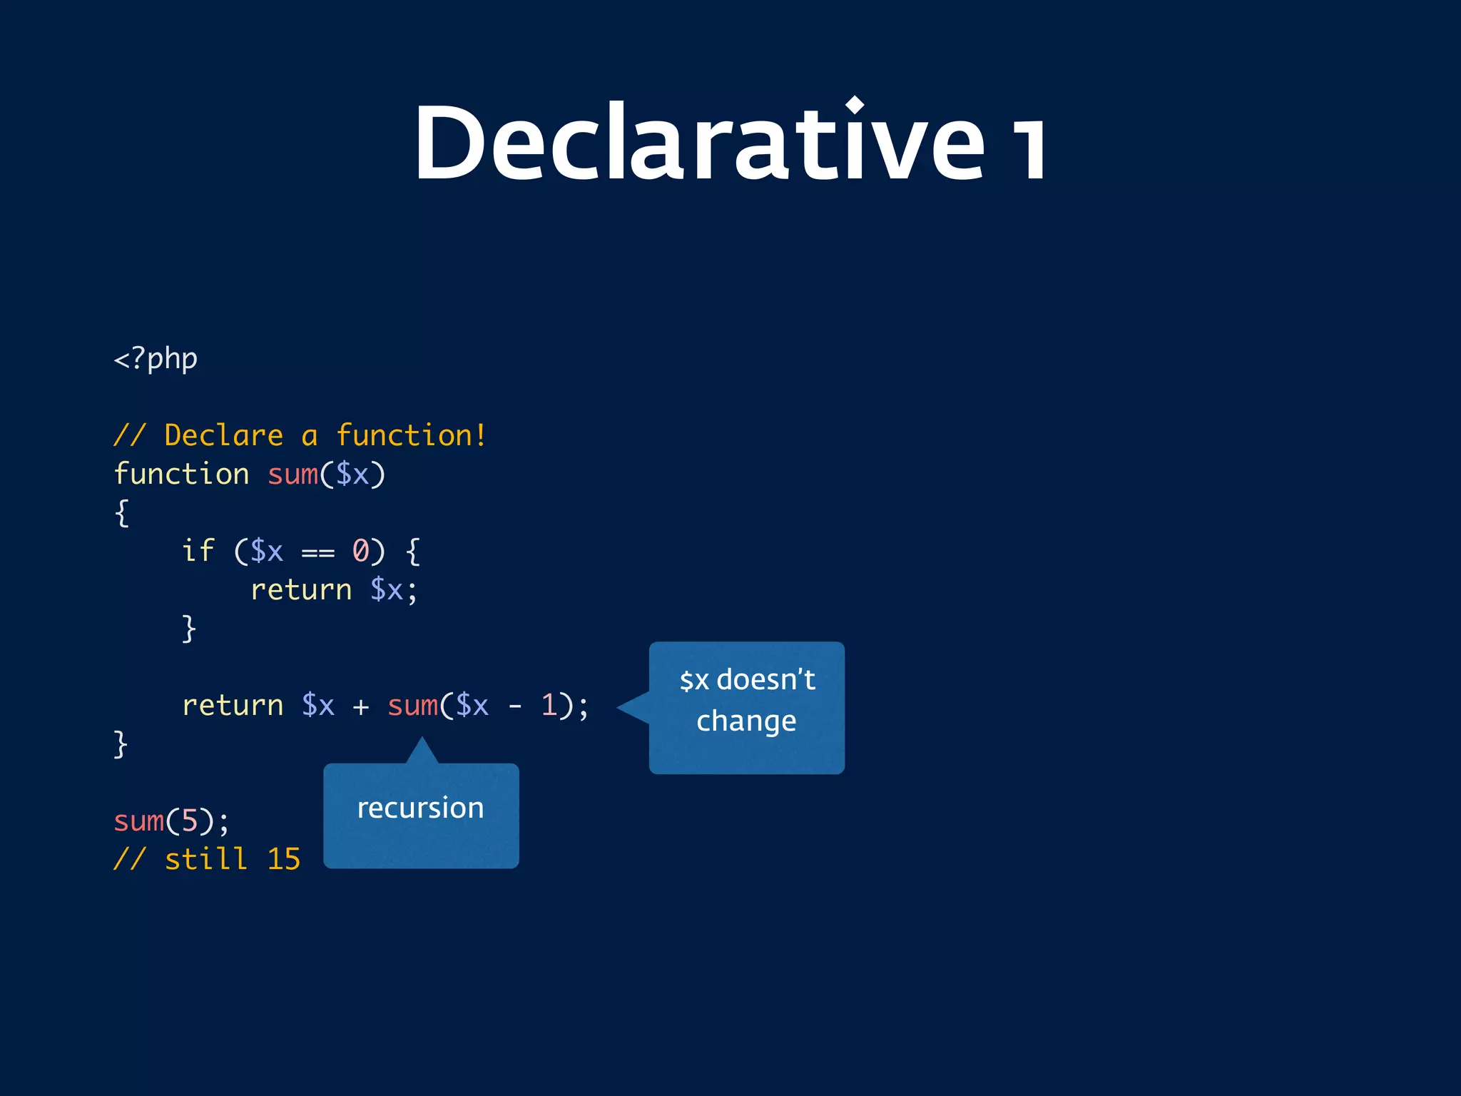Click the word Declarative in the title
pos(699,143)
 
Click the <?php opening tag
pos(156,358)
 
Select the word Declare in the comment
pos(223,435)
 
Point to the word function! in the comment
pos(411,435)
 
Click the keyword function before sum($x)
pos(181,474)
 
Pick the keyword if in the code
pos(198,551)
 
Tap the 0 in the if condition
pos(361,551)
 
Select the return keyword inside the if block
pos(301,590)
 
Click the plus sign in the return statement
pos(361,706)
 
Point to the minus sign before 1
pos(515,706)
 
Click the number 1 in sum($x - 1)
pos(549,705)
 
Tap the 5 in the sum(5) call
pos(189,821)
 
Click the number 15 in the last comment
pos(283,859)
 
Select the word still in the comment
pos(206,859)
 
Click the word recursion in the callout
pos(420,808)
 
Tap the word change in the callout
pos(746,721)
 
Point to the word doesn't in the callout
pos(765,679)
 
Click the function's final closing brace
pos(121,744)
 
